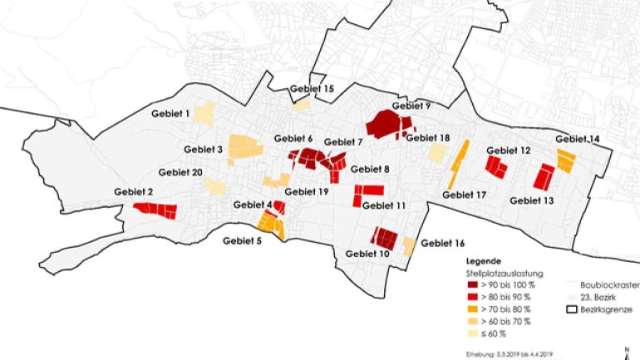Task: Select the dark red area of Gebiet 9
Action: (x=388, y=125)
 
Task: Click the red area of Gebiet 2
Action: (x=156, y=210)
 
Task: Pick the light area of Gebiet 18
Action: (x=436, y=152)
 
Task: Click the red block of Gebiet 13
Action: (x=544, y=176)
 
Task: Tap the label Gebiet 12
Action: (x=508, y=150)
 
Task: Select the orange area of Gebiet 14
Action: (x=566, y=160)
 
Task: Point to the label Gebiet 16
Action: (x=443, y=244)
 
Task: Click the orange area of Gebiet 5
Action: (x=270, y=222)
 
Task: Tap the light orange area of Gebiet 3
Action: (x=244, y=146)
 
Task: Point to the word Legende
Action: (x=482, y=259)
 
